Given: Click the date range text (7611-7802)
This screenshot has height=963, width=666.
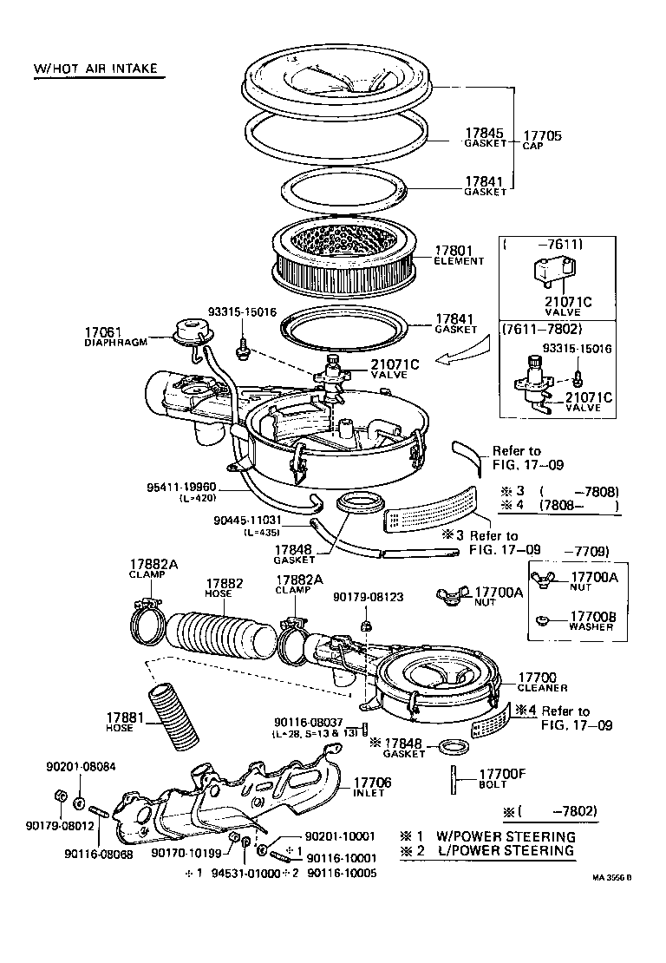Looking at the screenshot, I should click(x=541, y=329).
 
